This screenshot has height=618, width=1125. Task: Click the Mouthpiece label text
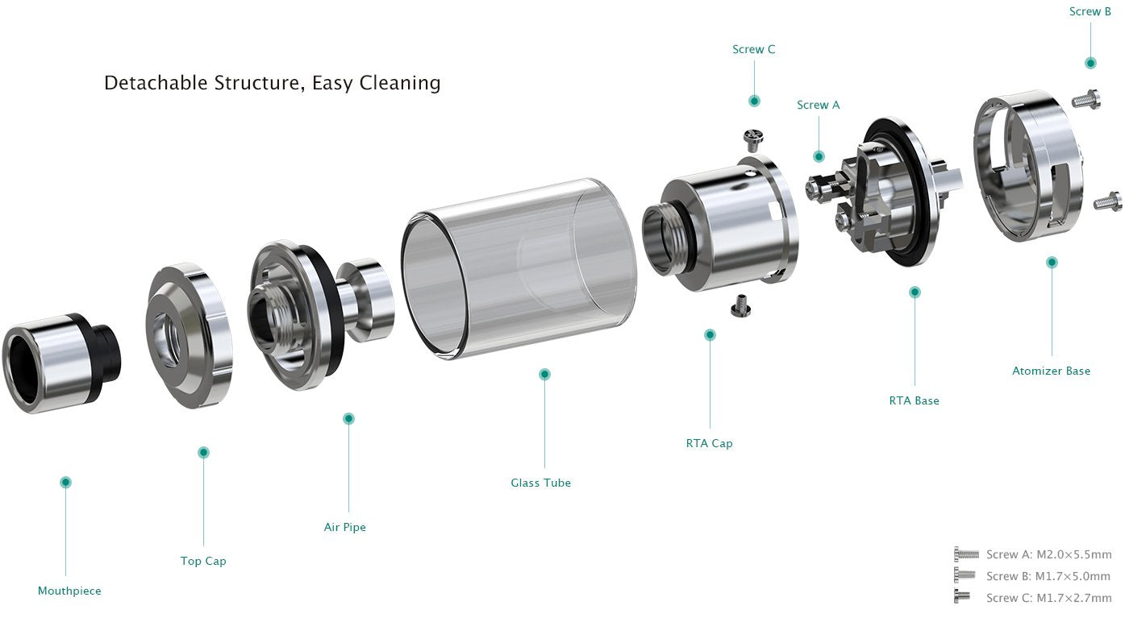69,591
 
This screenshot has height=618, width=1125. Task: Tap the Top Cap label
203,561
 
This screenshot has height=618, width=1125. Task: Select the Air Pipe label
344,527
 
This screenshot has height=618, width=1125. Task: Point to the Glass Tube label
540,483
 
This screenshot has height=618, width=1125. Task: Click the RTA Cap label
709,443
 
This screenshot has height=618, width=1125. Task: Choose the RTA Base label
914,400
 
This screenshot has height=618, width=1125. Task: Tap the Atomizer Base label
1051,371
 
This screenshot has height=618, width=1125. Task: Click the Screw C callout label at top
753,49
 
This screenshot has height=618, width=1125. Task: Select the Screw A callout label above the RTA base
818,105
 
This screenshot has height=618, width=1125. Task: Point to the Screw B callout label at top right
1090,11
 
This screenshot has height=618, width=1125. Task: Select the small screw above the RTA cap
753,139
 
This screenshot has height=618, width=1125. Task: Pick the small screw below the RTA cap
738,305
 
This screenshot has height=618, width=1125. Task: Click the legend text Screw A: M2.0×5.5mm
1048,554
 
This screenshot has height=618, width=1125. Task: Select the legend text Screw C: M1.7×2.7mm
1048,598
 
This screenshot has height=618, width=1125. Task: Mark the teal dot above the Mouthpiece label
66,482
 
